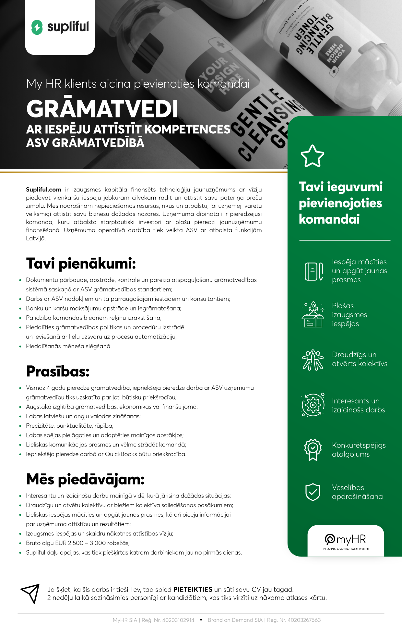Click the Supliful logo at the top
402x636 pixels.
pyautogui.click(x=60, y=27)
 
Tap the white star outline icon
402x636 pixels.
pyautogui.click(x=312, y=156)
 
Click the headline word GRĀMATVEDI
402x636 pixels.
pyautogui.click(x=102, y=109)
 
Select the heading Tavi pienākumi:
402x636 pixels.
pyautogui.click(x=81, y=263)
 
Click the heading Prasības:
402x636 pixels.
pyautogui.click(x=58, y=371)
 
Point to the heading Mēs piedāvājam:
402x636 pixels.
pyautogui.click(x=85, y=479)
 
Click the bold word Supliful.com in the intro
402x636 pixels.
pyautogui.click(x=43, y=190)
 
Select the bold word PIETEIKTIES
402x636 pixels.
pyautogui.click(x=193, y=590)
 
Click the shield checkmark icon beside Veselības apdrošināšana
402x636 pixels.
pyautogui.click(x=313, y=492)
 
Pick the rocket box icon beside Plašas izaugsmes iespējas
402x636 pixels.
pyautogui.click(x=313, y=315)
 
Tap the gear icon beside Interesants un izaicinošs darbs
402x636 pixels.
pyautogui.click(x=313, y=405)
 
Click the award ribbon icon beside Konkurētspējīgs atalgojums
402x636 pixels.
pyautogui.click(x=313, y=450)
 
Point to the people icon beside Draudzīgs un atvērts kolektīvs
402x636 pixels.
pyautogui.click(x=313, y=360)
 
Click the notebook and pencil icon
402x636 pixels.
pyautogui.click(x=313, y=271)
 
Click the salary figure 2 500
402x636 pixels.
pyautogui.click(x=76, y=543)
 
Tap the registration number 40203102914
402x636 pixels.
pyautogui.click(x=178, y=620)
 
